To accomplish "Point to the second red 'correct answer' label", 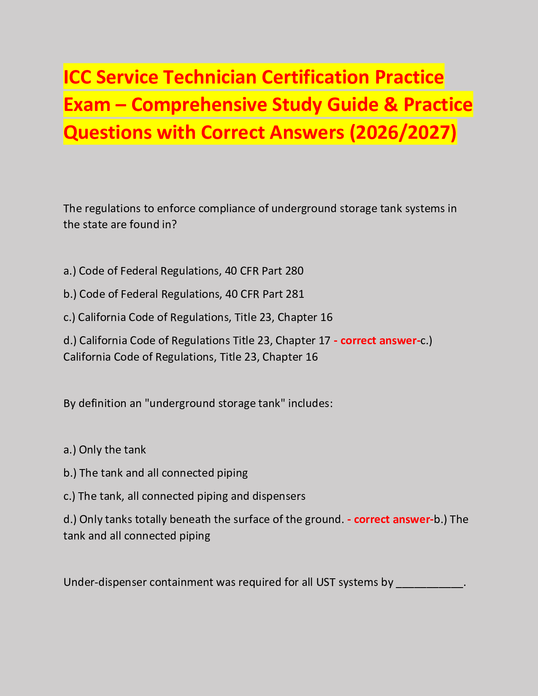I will click(x=389, y=519).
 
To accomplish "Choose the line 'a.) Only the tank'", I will click(x=105, y=450).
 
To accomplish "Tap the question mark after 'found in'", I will click(x=174, y=224).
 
